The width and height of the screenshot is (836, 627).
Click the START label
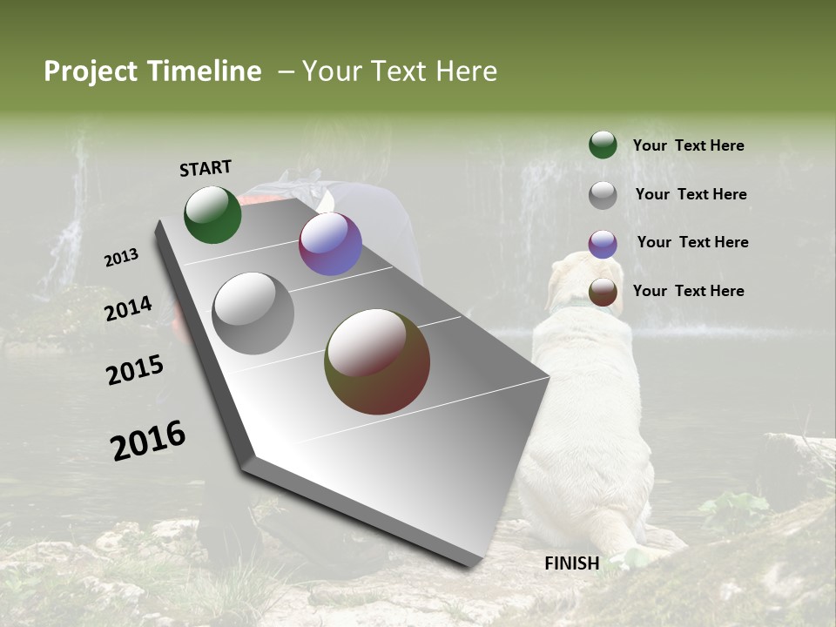[x=206, y=168]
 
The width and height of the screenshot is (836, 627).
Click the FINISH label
[x=571, y=563]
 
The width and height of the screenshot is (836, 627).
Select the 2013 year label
[x=122, y=258]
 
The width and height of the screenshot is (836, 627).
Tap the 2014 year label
[x=129, y=308]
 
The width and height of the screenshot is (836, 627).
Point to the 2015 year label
[x=135, y=370]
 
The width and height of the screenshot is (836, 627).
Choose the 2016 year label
[x=148, y=440]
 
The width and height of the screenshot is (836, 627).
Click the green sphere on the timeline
[x=212, y=214]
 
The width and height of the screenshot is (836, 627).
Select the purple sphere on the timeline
[x=330, y=244]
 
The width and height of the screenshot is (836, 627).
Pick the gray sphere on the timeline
[x=253, y=313]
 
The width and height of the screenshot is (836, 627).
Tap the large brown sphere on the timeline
[x=377, y=361]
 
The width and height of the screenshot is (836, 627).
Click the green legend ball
[x=603, y=145]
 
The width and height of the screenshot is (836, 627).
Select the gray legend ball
[x=603, y=195]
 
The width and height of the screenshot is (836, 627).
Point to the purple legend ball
[x=603, y=244]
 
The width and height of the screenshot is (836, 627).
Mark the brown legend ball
[x=603, y=293]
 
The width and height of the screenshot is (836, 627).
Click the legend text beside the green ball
[x=688, y=145]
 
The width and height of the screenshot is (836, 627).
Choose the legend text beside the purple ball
[x=692, y=242]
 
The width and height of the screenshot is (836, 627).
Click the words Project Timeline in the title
[x=152, y=71]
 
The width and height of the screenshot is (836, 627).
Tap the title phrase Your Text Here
[x=399, y=71]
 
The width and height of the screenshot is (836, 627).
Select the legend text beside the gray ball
[x=691, y=194]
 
